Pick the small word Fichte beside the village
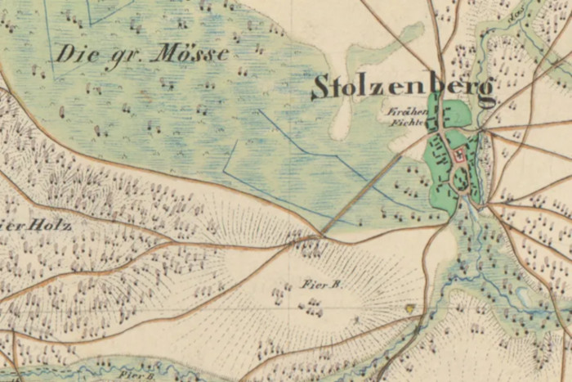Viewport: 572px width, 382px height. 404,123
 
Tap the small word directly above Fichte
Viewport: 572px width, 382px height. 404,110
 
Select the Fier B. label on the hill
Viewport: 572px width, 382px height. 320,285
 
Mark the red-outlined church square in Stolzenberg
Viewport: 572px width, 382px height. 459,154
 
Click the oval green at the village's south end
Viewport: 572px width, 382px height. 463,182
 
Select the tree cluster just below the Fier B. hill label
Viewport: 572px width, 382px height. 311,307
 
